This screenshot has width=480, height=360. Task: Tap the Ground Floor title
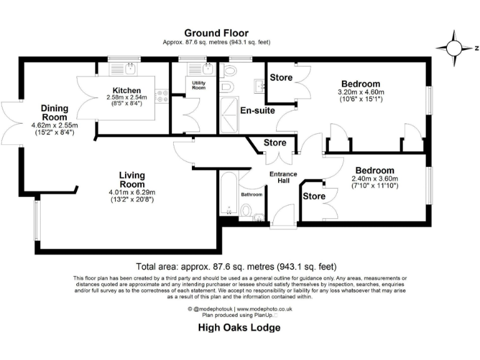pos(216,33)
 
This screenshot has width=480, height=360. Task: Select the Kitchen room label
pos(126,90)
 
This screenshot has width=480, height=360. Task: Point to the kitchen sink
pos(130,67)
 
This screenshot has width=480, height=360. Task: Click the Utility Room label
pos(199,85)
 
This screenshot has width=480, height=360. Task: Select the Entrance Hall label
pos(282,177)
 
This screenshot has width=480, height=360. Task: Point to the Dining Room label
pos(54,112)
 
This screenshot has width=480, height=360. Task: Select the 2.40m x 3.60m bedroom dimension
pos(375,178)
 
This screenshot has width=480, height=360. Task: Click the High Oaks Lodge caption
pos(239,327)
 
